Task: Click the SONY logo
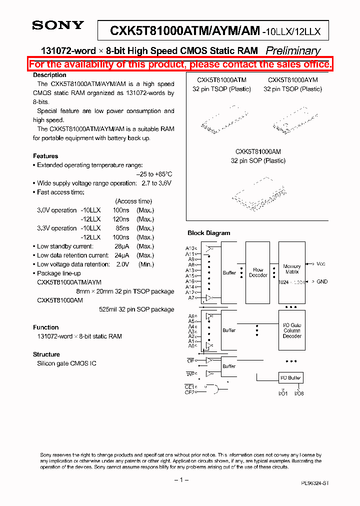tap(58, 25)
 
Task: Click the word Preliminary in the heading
tap(292, 50)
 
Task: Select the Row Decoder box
tap(258, 272)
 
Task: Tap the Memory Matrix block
tap(291, 272)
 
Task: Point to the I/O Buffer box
tap(291, 377)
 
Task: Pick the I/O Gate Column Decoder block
tap(291, 330)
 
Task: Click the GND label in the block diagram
tap(322, 281)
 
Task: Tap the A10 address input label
tap(190, 248)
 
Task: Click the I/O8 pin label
tap(299, 393)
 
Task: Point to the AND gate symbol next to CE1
tap(213, 389)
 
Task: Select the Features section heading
tap(45, 156)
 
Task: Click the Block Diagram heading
tap(208, 233)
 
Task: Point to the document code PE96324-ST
tap(315, 483)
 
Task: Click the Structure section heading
tap(46, 354)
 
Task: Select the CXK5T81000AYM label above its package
tap(292, 80)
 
